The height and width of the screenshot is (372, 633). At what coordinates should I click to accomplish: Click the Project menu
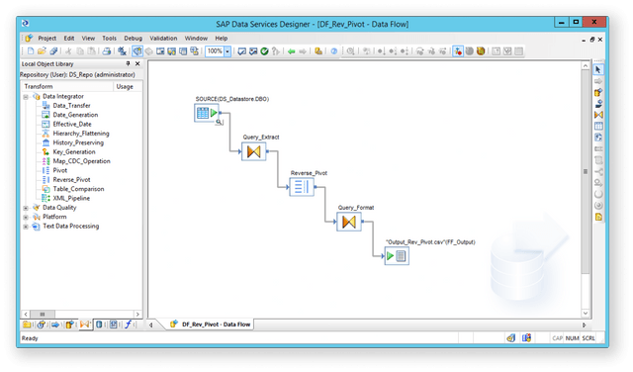click(46, 38)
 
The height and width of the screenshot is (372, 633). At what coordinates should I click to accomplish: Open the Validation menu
click(163, 38)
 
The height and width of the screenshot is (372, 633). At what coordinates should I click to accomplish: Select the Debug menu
click(133, 38)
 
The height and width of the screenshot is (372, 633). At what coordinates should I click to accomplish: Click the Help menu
click(221, 38)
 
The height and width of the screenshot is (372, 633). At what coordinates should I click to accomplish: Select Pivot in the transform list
click(60, 170)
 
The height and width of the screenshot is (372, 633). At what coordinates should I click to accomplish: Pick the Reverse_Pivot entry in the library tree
click(71, 179)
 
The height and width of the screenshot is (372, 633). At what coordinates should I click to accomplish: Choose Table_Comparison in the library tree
click(77, 188)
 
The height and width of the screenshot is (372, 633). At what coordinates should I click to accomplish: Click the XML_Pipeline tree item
click(72, 198)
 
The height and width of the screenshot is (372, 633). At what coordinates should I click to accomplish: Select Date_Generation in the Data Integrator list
click(76, 115)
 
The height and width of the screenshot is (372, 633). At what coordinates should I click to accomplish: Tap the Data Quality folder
click(59, 208)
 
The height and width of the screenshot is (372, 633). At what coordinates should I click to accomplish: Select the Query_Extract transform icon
click(252, 151)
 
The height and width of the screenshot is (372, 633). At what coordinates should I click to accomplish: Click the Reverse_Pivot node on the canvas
click(301, 186)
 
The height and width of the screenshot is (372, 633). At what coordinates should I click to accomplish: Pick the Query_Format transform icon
click(347, 222)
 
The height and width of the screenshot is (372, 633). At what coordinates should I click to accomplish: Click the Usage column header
click(125, 86)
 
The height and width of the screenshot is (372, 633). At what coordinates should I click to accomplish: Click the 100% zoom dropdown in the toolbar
click(216, 50)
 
